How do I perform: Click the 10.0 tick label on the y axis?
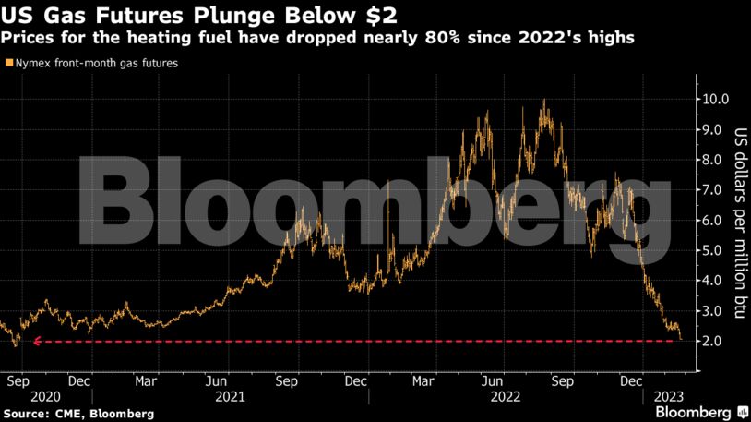click(715, 99)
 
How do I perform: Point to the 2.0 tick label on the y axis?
click(715, 342)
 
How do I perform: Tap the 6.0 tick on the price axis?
click(715, 220)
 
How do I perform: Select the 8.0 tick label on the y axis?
click(715, 160)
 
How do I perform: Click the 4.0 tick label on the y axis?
click(715, 281)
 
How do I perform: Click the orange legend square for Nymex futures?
click(8, 64)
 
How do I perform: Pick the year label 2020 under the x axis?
click(18, 396)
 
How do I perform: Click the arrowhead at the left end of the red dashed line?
click(37, 342)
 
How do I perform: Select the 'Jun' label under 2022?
click(494, 380)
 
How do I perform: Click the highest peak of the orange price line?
click(544, 100)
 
